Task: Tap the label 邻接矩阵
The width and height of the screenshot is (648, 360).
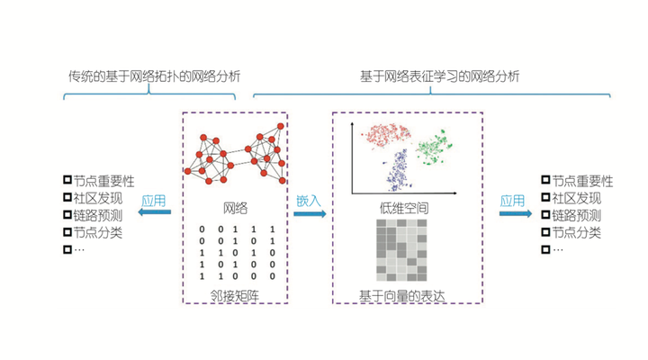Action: [x=234, y=294]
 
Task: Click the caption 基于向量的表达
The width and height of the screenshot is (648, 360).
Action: [x=401, y=295]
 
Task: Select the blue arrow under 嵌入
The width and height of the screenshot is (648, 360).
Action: [x=309, y=214]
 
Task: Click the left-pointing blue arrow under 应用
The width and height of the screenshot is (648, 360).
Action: [x=154, y=213]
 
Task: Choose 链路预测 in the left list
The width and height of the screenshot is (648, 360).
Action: [x=98, y=215]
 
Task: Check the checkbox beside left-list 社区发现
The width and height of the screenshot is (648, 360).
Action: [x=67, y=198]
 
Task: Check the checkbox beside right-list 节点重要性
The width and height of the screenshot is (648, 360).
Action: [x=545, y=181]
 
